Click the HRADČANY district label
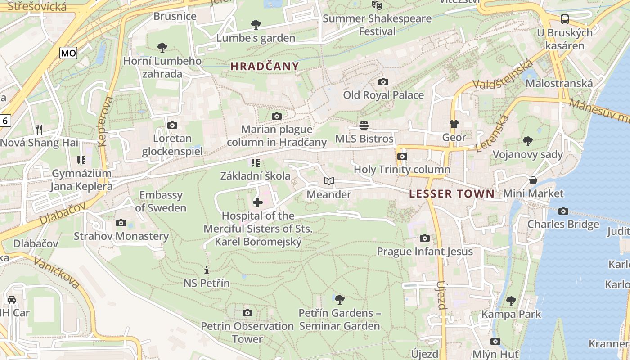coord(265,67)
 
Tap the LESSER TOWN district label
coord(452,194)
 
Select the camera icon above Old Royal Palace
coord(383,82)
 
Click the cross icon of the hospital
coord(258,202)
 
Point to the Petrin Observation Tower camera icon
coord(247,313)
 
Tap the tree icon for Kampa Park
coord(511,301)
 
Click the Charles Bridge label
coord(563,224)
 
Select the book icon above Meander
coord(329,181)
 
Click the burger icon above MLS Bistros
coord(364,125)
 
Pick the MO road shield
coord(68,53)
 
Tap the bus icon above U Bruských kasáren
coord(564,19)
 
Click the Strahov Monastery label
coord(121,236)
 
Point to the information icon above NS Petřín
coord(207,270)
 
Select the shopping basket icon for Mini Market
coord(533,180)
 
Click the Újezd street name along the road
coord(441,296)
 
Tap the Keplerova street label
coord(105,121)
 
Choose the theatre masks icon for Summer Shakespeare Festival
coord(377,5)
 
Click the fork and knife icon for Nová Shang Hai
coord(39,130)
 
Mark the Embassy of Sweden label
coord(161,201)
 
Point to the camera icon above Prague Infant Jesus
coord(424,238)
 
